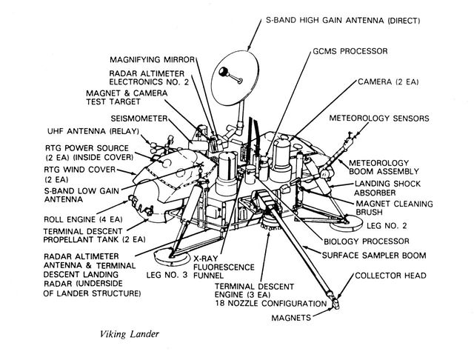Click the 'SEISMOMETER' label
(138, 118)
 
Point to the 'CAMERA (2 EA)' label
(388, 81)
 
